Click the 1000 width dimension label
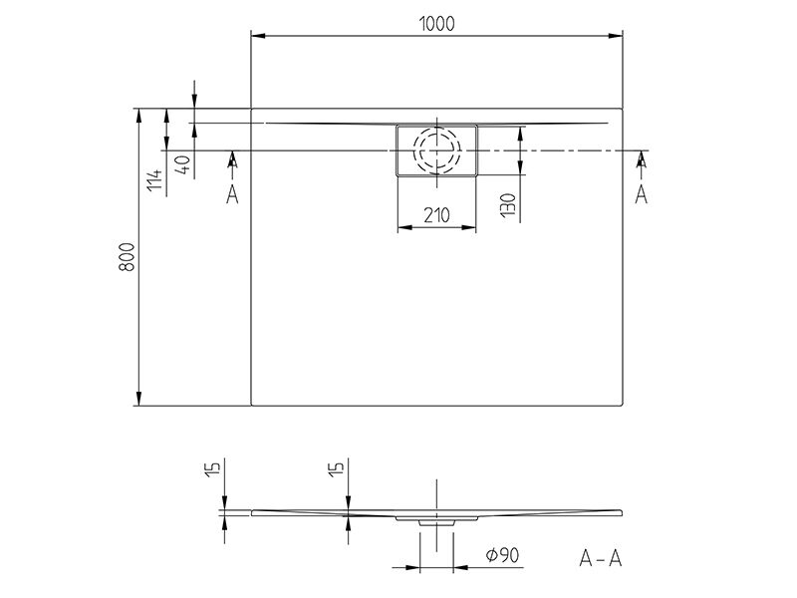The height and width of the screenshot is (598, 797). (x=437, y=23)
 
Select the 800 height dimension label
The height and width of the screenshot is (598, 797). (x=128, y=257)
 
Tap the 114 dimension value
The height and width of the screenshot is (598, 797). (x=156, y=180)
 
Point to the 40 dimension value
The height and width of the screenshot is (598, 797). (x=183, y=163)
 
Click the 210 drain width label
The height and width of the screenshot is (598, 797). (x=436, y=215)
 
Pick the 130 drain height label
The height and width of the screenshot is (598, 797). (x=508, y=205)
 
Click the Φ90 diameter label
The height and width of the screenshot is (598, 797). (x=502, y=555)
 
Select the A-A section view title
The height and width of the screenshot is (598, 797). (x=601, y=558)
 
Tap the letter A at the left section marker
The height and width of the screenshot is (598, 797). (x=232, y=194)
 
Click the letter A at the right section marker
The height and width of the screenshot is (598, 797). (x=642, y=194)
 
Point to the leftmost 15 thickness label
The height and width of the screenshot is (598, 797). (x=215, y=467)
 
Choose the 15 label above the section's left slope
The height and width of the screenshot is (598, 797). (x=337, y=467)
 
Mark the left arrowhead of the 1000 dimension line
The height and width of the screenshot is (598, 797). (x=258, y=36)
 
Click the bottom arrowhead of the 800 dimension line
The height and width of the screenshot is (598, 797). (x=137, y=399)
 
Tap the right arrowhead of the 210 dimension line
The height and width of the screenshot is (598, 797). (x=469, y=227)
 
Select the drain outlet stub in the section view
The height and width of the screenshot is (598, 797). (x=436, y=522)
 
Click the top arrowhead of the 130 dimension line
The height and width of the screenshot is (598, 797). (x=520, y=134)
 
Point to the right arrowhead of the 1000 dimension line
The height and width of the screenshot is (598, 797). (x=616, y=36)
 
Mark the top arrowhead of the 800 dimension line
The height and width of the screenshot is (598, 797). (x=137, y=116)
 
